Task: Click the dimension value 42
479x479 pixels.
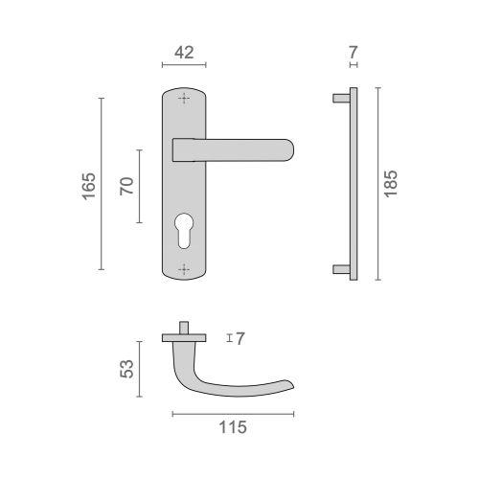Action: point(185,54)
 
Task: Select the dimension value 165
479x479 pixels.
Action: point(87,183)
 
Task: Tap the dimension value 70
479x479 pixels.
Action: point(125,186)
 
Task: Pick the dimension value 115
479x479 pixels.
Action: point(232,427)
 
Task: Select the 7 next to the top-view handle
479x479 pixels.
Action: point(240,338)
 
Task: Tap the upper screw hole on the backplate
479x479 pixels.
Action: point(185,99)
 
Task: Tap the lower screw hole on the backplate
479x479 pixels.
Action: point(185,268)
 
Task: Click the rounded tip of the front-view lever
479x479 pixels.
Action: point(289,148)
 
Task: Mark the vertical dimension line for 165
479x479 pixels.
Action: point(101,183)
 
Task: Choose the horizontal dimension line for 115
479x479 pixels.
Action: point(233,413)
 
